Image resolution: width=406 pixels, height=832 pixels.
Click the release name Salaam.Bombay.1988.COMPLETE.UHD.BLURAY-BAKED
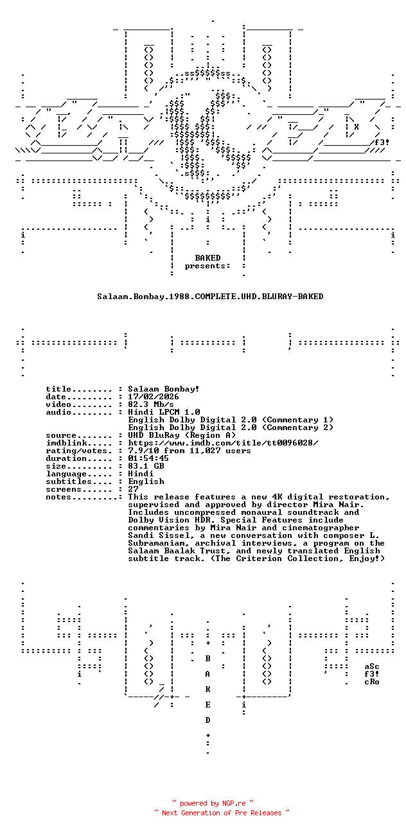210,297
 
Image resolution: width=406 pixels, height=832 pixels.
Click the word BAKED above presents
208,258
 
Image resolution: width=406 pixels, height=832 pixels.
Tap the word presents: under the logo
207,266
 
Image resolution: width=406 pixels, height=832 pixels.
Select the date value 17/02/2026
154,397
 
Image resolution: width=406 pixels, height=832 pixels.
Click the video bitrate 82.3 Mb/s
151,404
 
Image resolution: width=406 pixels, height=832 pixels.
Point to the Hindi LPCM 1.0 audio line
164,412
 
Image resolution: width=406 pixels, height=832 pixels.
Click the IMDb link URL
223,443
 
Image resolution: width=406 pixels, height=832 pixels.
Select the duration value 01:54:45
148,458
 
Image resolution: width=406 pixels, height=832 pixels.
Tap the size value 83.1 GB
146,466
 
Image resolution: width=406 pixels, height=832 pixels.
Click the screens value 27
133,489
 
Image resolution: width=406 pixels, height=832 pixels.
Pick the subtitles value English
146,481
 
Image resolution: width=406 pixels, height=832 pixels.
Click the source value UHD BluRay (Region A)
182,435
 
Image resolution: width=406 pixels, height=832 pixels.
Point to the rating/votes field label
79,451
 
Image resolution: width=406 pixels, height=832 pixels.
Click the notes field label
58,497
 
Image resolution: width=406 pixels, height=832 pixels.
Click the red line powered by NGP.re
213,803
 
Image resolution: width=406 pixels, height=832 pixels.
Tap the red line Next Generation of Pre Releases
222,813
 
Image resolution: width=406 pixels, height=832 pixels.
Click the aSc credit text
372,666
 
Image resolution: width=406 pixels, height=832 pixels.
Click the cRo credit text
372,682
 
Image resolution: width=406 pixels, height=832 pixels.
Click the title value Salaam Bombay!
164,389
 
